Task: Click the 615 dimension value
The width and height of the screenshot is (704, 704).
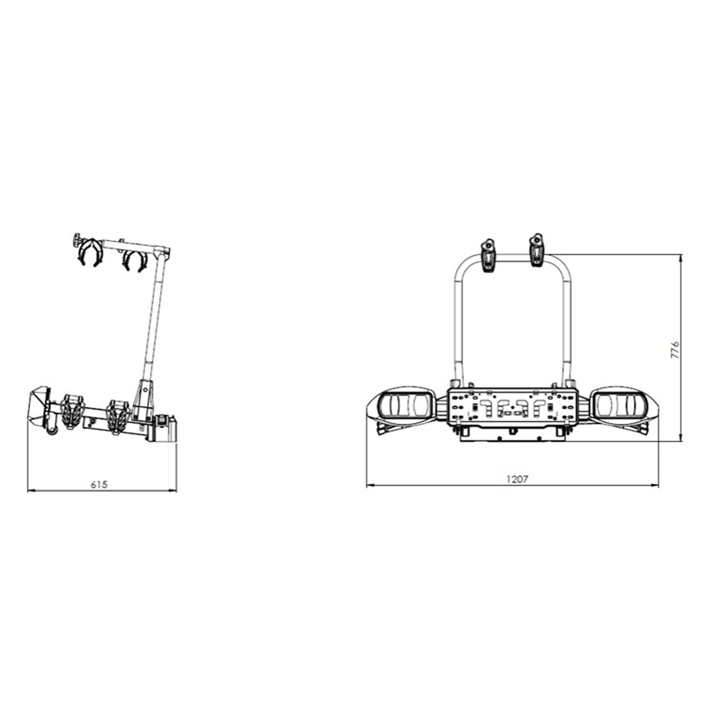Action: point(99,485)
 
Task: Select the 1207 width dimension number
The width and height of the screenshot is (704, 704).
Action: point(517,479)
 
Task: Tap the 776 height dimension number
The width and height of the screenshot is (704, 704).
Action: point(675,350)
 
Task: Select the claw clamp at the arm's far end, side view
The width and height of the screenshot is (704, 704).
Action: point(90,252)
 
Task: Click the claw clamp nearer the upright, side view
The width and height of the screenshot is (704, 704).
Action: point(134,260)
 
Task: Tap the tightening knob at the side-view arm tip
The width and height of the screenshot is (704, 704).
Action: point(77,240)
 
